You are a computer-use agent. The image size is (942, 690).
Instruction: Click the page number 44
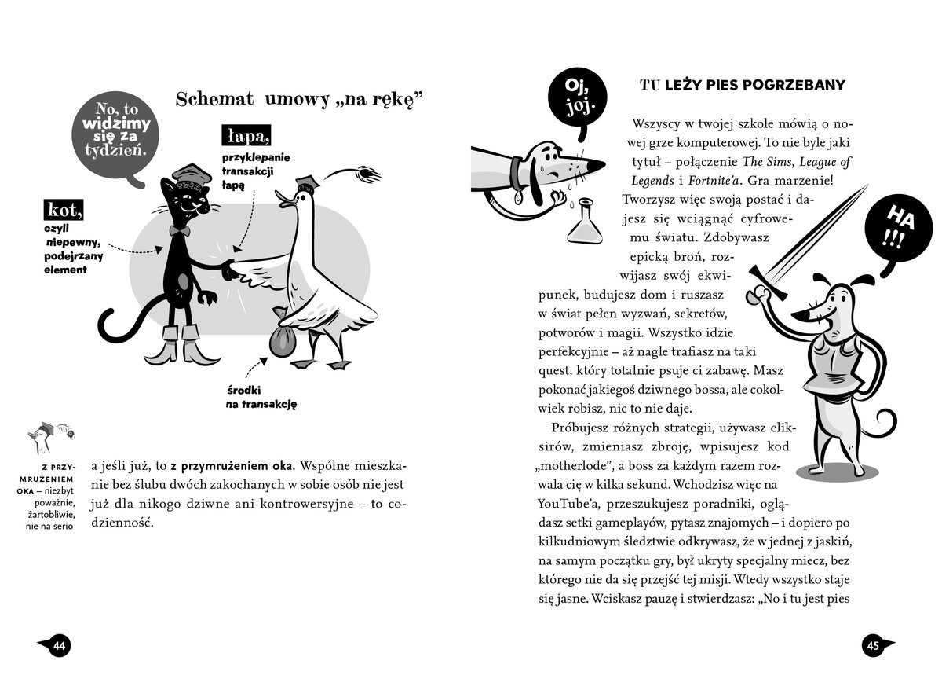tap(59, 646)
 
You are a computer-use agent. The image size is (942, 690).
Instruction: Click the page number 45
tap(874, 646)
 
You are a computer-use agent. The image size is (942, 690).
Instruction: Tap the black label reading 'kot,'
tap(64, 210)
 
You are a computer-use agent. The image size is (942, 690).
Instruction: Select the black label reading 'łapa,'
tap(246, 136)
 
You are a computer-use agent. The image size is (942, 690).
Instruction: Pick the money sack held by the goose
tap(280, 341)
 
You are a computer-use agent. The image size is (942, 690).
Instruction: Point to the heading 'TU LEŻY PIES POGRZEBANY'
tap(742, 85)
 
